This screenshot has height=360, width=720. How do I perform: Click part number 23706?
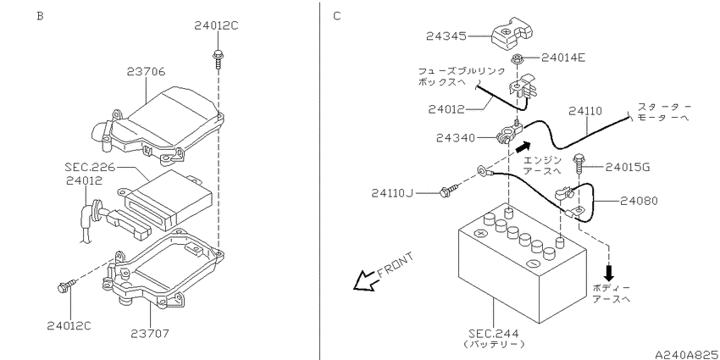(146, 72)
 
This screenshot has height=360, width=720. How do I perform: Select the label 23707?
(150, 334)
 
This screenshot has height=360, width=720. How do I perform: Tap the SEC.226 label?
(90, 165)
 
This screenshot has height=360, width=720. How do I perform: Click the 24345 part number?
(446, 36)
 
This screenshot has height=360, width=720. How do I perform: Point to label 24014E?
(563, 58)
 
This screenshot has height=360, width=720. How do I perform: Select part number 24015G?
(627, 167)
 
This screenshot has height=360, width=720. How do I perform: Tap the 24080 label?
(639, 201)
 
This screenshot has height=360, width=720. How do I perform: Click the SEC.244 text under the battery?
(494, 334)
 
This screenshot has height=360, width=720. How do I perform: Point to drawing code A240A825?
(687, 354)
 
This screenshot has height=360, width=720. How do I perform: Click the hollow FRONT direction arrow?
(366, 280)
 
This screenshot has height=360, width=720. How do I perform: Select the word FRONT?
(396, 265)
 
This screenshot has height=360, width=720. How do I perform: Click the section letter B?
(40, 16)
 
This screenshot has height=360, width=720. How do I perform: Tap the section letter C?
(337, 16)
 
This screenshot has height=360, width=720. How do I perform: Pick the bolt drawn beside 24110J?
(450, 191)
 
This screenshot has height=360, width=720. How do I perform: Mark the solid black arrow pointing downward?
(609, 273)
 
